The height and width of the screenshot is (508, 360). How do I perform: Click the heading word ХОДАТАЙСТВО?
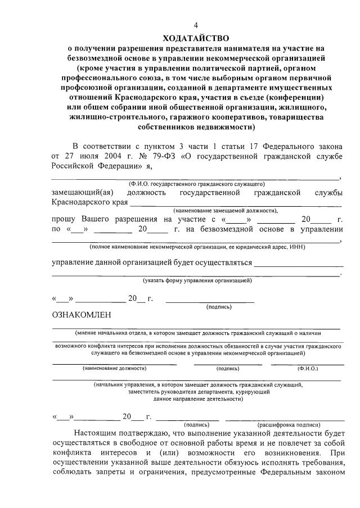196,38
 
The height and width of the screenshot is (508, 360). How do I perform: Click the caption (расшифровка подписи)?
289,425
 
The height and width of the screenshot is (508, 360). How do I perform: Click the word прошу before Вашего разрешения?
64,219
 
